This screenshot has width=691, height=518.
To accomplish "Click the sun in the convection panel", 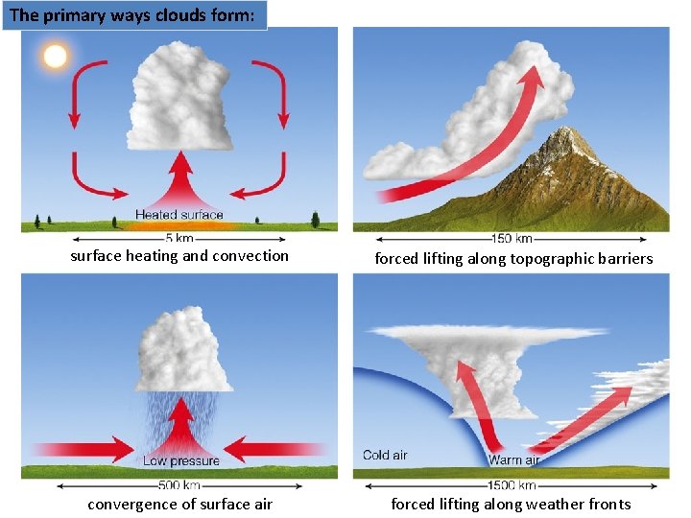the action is [x=55, y=56].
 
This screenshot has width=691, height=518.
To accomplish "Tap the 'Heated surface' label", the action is [x=179, y=215].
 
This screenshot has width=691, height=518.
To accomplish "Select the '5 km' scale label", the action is [x=179, y=239].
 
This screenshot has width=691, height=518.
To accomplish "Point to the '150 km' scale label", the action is [x=511, y=239].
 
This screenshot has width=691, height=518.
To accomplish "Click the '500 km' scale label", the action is [x=179, y=485].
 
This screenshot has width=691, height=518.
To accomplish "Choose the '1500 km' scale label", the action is [x=511, y=485].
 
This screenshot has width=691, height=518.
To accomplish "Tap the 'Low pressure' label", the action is [x=181, y=461].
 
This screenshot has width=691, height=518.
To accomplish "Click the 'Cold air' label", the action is [x=385, y=455].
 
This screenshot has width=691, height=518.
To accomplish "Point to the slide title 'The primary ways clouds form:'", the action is [x=133, y=15].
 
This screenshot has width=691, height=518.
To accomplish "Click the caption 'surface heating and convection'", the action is [x=179, y=256].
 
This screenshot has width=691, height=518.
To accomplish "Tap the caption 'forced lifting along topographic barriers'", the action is [x=513, y=259].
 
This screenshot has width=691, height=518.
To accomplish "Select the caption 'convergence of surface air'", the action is [x=179, y=505].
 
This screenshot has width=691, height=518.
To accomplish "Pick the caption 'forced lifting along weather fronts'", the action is [x=511, y=505].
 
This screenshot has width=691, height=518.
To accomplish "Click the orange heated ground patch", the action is [x=179, y=226].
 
